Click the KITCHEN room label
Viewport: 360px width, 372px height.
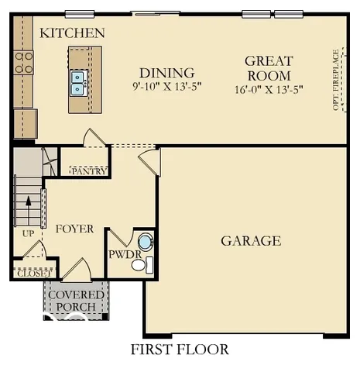[x=72, y=33]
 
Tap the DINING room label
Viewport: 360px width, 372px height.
[x=160, y=71]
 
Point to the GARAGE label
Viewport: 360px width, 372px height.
[x=251, y=241]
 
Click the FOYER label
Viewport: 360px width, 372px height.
[x=74, y=229]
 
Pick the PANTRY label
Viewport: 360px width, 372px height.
[x=89, y=171]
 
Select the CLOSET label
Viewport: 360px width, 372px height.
[x=33, y=273]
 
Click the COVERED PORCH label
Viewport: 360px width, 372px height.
[x=77, y=301]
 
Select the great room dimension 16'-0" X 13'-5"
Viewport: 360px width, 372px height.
[x=268, y=89]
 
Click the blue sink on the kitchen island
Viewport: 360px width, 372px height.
[x=78, y=82]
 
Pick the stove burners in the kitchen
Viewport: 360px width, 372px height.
[x=23, y=62]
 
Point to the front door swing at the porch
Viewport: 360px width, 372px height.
[x=76, y=270]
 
